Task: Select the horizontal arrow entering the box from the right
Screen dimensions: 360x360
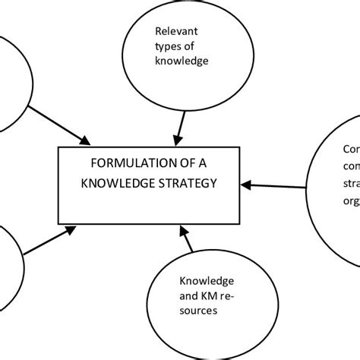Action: click(x=278, y=183)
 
